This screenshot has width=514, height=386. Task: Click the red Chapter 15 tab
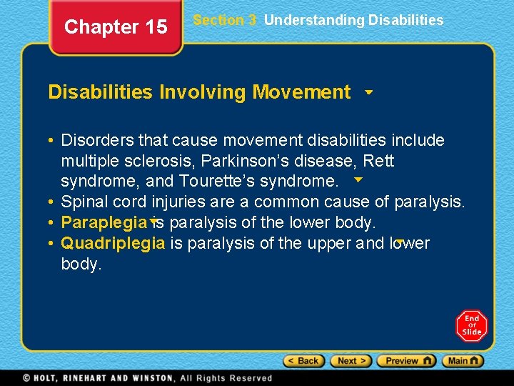(116, 27)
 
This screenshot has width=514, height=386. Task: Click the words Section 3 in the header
(224, 20)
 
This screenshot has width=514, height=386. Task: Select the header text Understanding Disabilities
(353, 20)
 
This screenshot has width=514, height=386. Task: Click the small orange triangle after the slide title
(368, 92)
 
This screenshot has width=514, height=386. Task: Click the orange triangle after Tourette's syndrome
(358, 179)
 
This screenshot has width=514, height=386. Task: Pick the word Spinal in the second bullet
(84, 202)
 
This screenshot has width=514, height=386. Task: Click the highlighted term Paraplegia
(104, 222)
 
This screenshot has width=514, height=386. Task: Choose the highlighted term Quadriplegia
(113, 243)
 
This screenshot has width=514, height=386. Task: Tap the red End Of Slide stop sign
(472, 326)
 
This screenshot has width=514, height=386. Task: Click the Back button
(303, 361)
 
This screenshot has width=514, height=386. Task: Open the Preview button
(405, 361)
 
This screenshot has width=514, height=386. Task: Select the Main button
(463, 361)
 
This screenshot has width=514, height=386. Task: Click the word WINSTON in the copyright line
(150, 378)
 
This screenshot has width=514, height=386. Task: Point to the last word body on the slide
(81, 264)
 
